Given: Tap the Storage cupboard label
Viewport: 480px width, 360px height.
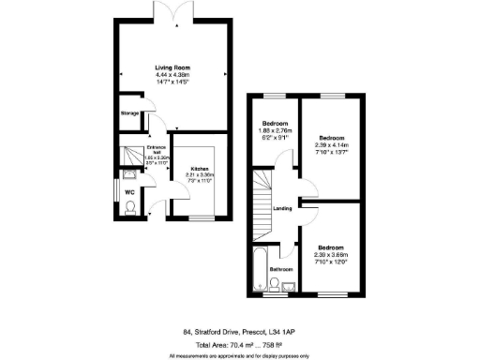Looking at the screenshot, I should tap(129, 113).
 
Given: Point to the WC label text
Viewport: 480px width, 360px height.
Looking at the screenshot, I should tap(129, 193).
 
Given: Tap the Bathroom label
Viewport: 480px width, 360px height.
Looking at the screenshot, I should tap(281, 270).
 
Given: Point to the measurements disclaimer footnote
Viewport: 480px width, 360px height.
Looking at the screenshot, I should tap(239, 355).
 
